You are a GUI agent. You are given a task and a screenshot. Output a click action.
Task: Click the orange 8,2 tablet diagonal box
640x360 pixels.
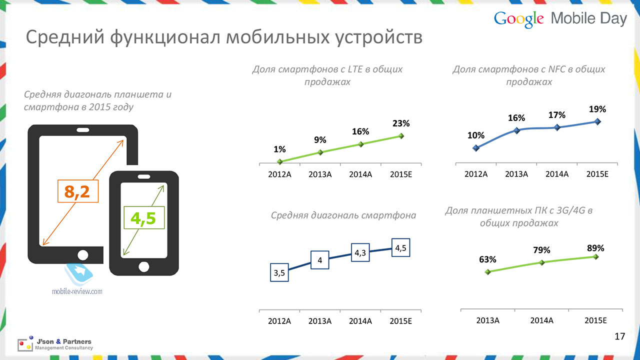78,191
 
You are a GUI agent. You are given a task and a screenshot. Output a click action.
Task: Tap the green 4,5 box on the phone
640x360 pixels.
144,217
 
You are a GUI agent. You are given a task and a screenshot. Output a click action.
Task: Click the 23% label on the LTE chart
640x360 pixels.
401,123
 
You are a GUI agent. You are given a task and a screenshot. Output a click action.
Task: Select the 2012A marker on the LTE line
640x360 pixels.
279,161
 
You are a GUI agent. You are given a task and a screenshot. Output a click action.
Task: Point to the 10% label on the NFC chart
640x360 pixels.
475,135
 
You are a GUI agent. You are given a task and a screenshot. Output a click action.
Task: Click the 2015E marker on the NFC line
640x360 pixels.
597,121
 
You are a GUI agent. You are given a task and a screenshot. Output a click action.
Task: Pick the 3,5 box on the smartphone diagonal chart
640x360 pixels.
279,272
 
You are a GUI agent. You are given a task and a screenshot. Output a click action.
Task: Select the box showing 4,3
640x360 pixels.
360,252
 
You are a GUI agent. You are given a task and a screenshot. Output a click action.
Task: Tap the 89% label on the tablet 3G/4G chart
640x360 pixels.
595,248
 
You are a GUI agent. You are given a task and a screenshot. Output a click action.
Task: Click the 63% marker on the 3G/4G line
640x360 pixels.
488,271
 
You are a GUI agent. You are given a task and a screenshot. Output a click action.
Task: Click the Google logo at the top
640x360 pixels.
518,19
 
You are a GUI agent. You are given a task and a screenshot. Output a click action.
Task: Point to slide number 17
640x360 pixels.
619,336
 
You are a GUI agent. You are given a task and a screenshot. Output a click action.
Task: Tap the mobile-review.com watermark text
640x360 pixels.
77,291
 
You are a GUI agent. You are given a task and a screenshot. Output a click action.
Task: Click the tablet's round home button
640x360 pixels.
83,255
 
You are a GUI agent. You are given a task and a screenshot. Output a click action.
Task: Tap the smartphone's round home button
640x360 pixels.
143,267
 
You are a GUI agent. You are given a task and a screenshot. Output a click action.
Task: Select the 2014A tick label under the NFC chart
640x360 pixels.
557,174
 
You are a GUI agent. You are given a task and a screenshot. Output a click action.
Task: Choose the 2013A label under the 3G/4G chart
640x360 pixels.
487,320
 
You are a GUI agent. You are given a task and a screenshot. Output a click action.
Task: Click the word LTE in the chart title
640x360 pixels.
355,69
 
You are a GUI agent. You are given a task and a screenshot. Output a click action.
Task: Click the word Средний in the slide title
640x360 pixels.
65,37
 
